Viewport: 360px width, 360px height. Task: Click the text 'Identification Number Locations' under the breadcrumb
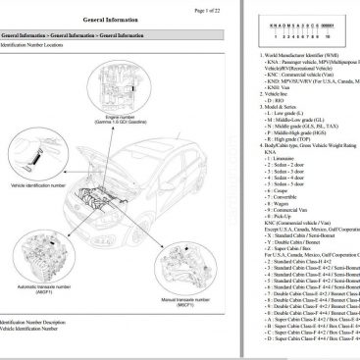point(49,45)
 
